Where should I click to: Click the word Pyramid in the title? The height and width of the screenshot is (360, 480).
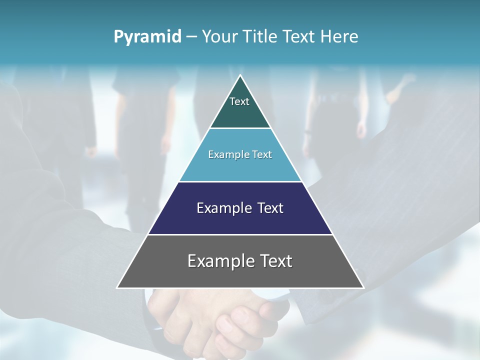point(147,36)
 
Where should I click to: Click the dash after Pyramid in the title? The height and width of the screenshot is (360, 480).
point(191,36)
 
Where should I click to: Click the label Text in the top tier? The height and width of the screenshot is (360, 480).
point(239,101)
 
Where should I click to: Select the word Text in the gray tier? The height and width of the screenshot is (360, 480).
point(275,261)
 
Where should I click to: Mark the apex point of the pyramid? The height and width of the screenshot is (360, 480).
point(240,75)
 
